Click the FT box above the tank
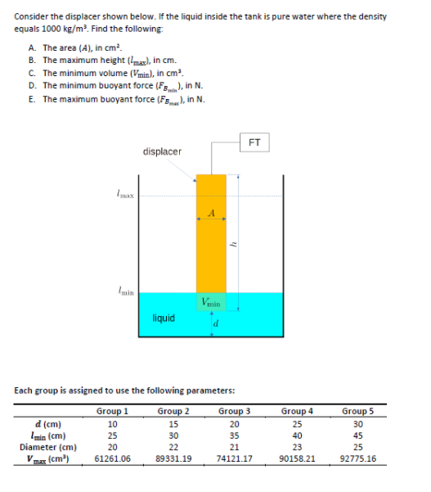pyautogui.click(x=254, y=142)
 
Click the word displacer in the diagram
pyautogui.click(x=162, y=151)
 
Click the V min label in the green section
pyautogui.click(x=210, y=303)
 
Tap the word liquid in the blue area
pyautogui.click(x=164, y=318)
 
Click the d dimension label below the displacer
pyautogui.click(x=215, y=327)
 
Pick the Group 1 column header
pyautogui.click(x=112, y=410)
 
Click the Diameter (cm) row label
pyautogui.click(x=48, y=448)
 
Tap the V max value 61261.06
pyautogui.click(x=113, y=459)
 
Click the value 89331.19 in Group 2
pyautogui.click(x=173, y=459)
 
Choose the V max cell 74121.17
pyautogui.click(x=235, y=459)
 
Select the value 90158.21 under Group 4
pyautogui.click(x=297, y=459)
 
